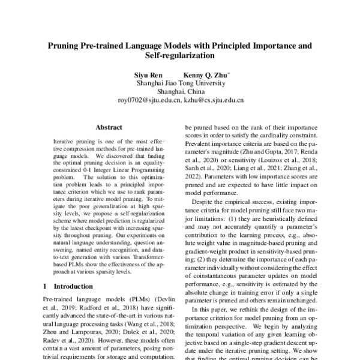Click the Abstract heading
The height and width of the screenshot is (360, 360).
(x=109, y=127)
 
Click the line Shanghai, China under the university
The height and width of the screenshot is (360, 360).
(x=180, y=92)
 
